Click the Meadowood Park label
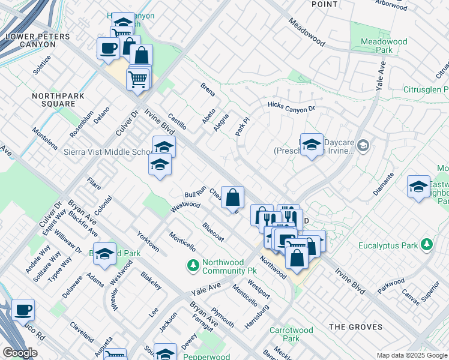click(x=384, y=46)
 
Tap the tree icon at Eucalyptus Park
click(x=426, y=244)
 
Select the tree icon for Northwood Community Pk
click(x=193, y=264)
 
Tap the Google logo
click(x=20, y=353)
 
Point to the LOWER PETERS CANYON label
click(x=38, y=40)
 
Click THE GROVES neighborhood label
click(x=355, y=327)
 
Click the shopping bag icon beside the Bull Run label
click(x=233, y=197)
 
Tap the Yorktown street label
click(x=148, y=241)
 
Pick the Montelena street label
click(x=45, y=139)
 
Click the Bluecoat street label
click(x=213, y=232)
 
